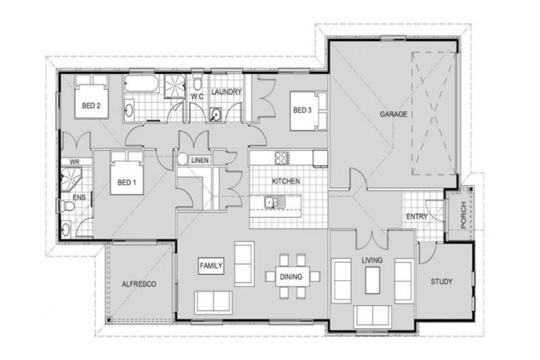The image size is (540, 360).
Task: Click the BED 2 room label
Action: (x=91, y=106)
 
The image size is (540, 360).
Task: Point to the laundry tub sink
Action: (x=216, y=115)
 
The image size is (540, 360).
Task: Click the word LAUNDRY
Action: (x=226, y=92)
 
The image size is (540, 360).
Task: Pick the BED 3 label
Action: (x=302, y=110)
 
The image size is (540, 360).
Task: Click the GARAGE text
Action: (x=394, y=114)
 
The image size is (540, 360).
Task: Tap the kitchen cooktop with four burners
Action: (x=282, y=156)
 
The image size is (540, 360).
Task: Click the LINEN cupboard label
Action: (x=201, y=160)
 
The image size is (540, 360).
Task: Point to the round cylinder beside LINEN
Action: (x=183, y=160)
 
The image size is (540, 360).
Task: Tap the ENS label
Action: (x=79, y=198)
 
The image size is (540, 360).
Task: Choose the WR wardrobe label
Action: (x=73, y=162)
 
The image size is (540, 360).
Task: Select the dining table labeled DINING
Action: (x=290, y=276)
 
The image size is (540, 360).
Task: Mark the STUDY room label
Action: (x=442, y=282)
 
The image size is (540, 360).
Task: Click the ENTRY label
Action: (x=417, y=217)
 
